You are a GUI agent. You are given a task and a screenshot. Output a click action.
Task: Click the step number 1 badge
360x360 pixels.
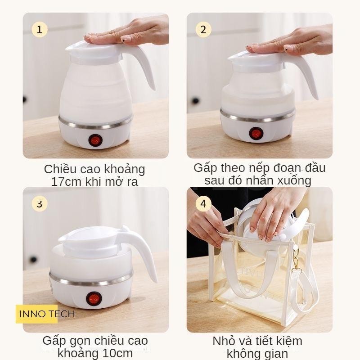pyautogui.click(x=40, y=30)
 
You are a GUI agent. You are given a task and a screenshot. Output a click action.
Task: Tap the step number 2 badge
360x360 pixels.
pyautogui.click(x=203, y=30)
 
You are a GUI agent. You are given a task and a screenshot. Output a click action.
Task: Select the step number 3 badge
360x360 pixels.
pyautogui.click(x=40, y=204)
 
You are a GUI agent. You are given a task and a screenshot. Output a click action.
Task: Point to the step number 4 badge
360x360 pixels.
pyautogui.click(x=203, y=204)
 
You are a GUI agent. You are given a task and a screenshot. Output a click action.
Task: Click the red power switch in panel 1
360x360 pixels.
pyautogui.click(x=95, y=140)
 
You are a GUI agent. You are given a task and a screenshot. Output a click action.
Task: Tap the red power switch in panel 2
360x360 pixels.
pyautogui.click(x=256, y=133)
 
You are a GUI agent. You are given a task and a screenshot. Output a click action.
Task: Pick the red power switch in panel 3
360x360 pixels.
pyautogui.click(x=94, y=299)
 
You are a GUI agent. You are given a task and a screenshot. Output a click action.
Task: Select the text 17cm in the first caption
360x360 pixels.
pyautogui.click(x=66, y=182)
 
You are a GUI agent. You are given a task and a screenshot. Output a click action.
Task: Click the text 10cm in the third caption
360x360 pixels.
pyautogui.click(x=117, y=353)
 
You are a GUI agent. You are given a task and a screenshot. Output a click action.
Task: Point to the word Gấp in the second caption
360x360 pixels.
pyautogui.click(x=205, y=168)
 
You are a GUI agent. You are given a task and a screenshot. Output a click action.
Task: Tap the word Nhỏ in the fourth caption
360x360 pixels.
pyautogui.click(x=223, y=341)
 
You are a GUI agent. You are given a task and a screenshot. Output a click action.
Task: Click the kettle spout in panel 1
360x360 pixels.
pyautogui.click(x=71, y=48)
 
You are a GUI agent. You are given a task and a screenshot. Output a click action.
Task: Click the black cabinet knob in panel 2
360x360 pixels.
pyautogui.click(x=195, y=100)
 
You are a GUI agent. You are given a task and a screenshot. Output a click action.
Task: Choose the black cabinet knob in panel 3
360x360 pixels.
pyautogui.click(x=33, y=260)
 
